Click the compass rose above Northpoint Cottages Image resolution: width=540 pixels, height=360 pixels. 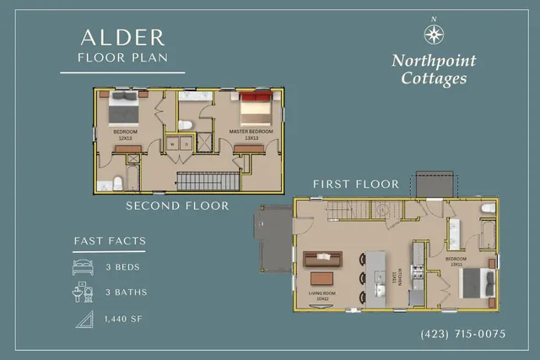pos(434,33)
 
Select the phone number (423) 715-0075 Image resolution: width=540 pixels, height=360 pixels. pos(462,334)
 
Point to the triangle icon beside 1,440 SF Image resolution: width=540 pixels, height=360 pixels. pos(84,319)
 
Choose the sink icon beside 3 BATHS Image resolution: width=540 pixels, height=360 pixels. pos(84,293)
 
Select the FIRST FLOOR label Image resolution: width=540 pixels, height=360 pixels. pos(355,184)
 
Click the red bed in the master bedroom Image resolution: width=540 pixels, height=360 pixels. pos(255,109)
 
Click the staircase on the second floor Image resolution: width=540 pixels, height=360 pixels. pos(207,181)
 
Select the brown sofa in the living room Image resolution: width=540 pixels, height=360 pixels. pos(323,258)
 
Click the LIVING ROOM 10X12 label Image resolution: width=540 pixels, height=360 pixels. pos(322,298)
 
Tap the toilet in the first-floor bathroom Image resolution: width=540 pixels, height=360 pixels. pos(487,208)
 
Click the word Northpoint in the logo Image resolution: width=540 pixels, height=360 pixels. pos(434,61)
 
